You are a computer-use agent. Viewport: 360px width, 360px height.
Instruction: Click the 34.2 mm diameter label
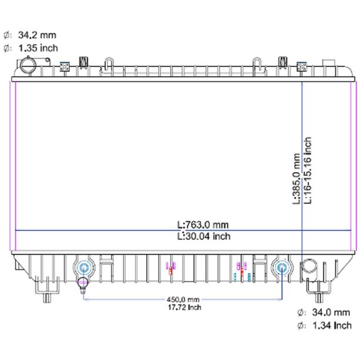tap(37, 35)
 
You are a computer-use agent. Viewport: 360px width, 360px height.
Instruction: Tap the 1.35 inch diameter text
tap(38, 48)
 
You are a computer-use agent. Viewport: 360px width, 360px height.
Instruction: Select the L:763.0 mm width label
tap(203, 225)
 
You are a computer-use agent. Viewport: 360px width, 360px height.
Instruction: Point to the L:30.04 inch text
tap(204, 236)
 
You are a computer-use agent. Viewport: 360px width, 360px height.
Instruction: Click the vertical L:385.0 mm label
tap(297, 179)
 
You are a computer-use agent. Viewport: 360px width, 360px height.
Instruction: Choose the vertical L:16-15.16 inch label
tap(307, 170)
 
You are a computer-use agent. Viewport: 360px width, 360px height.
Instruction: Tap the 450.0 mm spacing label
tap(183, 300)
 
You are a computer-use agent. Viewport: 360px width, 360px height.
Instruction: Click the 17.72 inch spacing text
tap(184, 307)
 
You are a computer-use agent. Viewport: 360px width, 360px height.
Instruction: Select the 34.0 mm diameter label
tap(331, 312)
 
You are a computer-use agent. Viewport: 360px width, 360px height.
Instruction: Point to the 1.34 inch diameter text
tap(332, 325)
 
